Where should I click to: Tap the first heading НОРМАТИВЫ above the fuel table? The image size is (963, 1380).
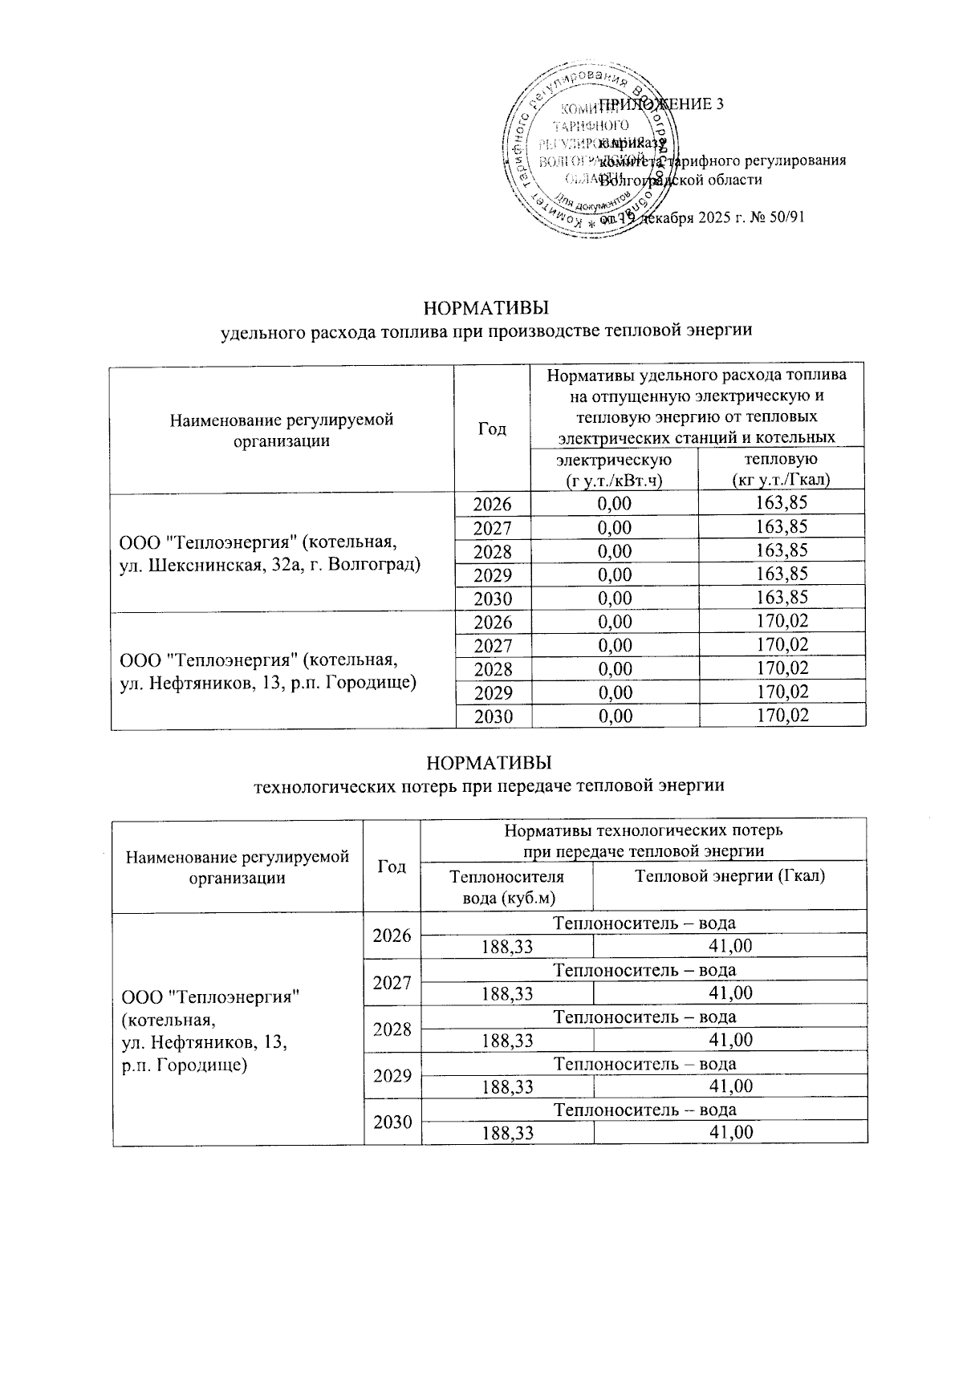(x=487, y=309)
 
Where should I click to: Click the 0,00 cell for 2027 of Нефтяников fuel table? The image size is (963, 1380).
(x=614, y=645)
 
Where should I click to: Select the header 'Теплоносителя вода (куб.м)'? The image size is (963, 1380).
(x=506, y=887)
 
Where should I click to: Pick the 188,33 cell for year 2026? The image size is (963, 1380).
(x=506, y=947)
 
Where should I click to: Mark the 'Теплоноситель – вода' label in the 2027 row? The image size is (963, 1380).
(x=644, y=970)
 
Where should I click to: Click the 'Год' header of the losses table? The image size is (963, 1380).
(x=392, y=867)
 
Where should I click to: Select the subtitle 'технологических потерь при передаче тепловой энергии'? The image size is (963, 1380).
(x=489, y=785)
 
